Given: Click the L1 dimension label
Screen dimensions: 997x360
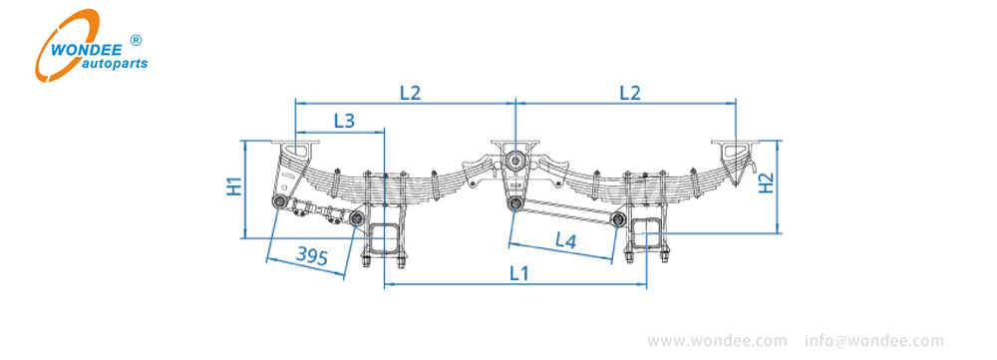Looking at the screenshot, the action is tap(518, 273).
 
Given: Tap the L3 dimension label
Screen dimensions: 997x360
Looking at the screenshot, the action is tap(344, 121).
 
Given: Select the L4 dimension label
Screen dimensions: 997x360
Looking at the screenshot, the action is tap(565, 240).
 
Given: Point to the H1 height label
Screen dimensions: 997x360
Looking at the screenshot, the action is tap(235, 185).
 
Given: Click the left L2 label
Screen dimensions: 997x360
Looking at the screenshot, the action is tap(410, 93).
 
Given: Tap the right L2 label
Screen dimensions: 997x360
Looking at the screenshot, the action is tap(630, 93).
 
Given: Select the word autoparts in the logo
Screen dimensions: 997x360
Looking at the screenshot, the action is tap(116, 64).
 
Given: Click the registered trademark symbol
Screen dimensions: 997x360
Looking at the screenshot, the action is tap(136, 40).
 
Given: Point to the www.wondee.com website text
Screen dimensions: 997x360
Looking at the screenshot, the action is tap(717, 341).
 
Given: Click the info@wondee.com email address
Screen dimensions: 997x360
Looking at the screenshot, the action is tap(874, 341).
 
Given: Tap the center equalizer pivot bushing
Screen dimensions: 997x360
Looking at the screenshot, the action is tap(515, 159).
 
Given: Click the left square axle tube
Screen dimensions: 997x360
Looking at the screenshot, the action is tap(384, 235).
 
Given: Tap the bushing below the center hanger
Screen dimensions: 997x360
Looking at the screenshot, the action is tap(515, 204).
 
